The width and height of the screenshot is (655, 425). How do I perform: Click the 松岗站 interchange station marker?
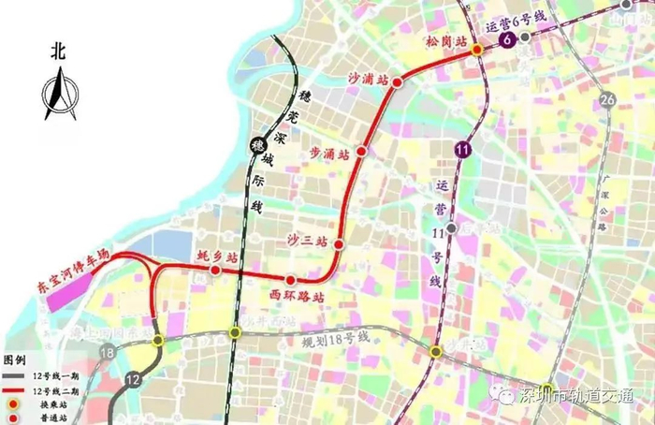(476, 49)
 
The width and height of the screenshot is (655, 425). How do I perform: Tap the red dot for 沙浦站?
(397, 82)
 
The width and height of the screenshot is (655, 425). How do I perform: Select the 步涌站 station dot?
(361, 151)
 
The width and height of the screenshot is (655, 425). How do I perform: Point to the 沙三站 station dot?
(339, 245)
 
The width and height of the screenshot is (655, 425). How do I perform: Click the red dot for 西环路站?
(291, 280)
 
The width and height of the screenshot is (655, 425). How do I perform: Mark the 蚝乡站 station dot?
(216, 271)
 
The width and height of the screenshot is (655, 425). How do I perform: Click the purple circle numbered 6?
(507, 40)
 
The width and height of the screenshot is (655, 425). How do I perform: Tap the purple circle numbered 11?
(462, 150)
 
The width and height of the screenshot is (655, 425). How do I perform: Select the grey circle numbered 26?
(608, 101)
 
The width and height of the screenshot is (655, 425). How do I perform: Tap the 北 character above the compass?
(58, 54)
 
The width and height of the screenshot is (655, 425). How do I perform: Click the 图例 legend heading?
(15, 360)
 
